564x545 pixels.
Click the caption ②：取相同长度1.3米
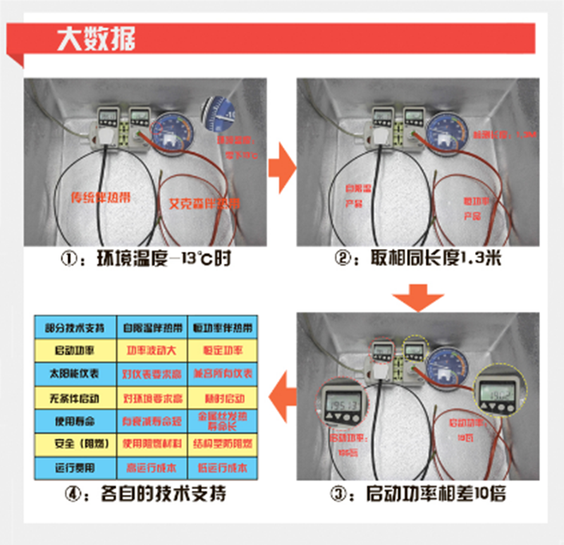tap(416, 260)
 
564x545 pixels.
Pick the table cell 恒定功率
tap(221, 350)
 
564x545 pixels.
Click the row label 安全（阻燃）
tap(74, 444)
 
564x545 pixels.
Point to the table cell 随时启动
tap(221, 398)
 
